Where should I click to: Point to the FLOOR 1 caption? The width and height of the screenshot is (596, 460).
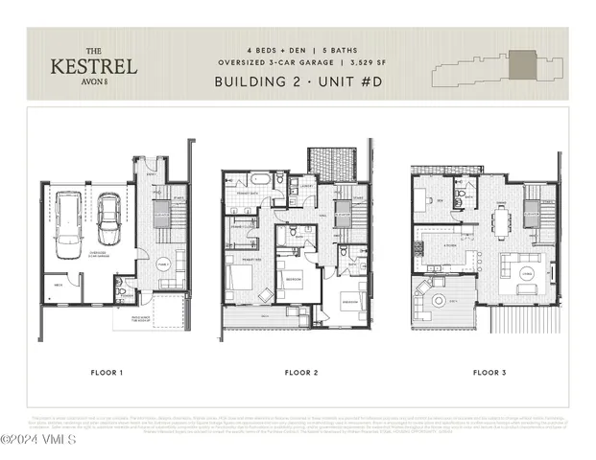107,371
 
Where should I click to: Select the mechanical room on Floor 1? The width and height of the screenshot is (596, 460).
60,287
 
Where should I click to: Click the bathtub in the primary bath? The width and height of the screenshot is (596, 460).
260,181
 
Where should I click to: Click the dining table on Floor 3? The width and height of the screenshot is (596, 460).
501,222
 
